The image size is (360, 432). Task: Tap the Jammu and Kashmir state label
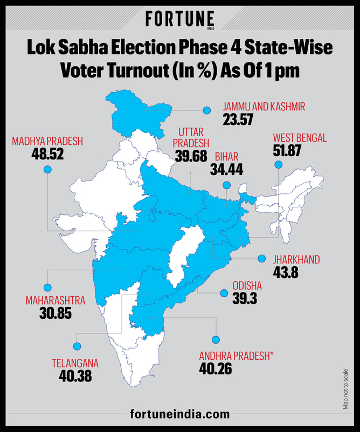click(264, 107)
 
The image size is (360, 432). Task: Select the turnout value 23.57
click(238, 120)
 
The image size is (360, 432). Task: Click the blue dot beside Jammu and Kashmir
click(206, 110)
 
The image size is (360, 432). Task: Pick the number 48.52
click(47, 155)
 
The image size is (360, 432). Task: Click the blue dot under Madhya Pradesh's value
click(47, 170)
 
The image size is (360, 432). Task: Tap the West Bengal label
click(300, 138)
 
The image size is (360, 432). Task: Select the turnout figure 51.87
click(287, 151)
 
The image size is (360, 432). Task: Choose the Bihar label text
click(226, 157)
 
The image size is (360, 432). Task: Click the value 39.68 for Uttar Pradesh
click(191, 156)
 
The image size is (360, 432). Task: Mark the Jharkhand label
click(296, 260)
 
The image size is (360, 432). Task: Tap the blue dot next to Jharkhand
click(261, 258)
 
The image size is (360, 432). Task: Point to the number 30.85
click(55, 313)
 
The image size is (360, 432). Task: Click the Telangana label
click(75, 363)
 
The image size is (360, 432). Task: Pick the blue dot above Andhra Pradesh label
click(216, 339)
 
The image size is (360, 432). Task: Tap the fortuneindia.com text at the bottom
click(180, 414)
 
